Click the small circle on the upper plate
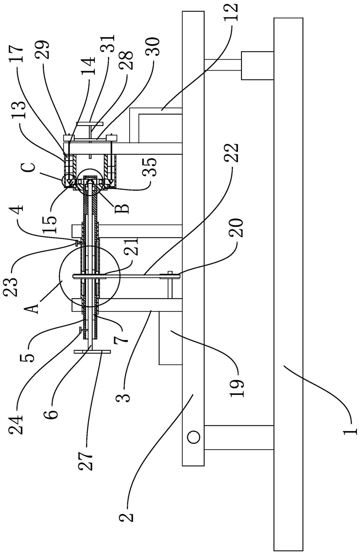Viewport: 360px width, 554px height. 193,437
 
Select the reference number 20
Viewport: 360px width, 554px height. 237,227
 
